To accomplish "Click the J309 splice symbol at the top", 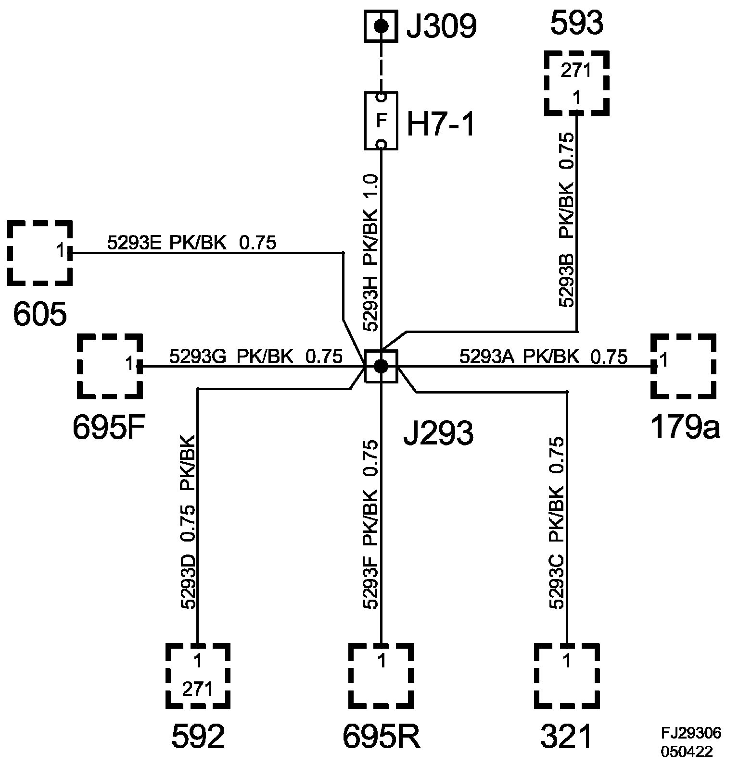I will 381,26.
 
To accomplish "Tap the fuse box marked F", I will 381,121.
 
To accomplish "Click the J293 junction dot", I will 381,367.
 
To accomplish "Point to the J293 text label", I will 438,433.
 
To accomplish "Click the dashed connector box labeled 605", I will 40,253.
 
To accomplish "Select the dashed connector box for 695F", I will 110,366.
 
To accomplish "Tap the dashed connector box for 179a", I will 683,366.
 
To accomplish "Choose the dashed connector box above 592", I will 198,676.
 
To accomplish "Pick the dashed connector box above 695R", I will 381,676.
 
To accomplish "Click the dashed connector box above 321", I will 567,676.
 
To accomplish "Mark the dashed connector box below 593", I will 576,84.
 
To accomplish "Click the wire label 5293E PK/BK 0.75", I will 191,243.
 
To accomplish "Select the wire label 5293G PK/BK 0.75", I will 255,357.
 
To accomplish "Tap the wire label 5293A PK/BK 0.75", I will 543,357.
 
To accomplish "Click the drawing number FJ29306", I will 690,733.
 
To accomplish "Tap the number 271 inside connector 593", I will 576,71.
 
